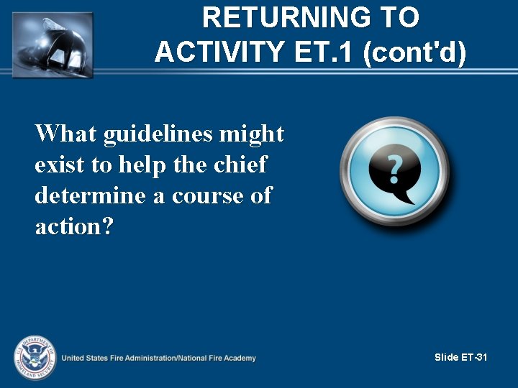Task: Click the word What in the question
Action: [x=66, y=134]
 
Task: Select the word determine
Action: [x=91, y=195]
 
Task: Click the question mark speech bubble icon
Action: [x=394, y=171]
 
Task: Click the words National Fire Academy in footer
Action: [x=215, y=358]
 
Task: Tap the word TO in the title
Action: [x=399, y=18]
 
